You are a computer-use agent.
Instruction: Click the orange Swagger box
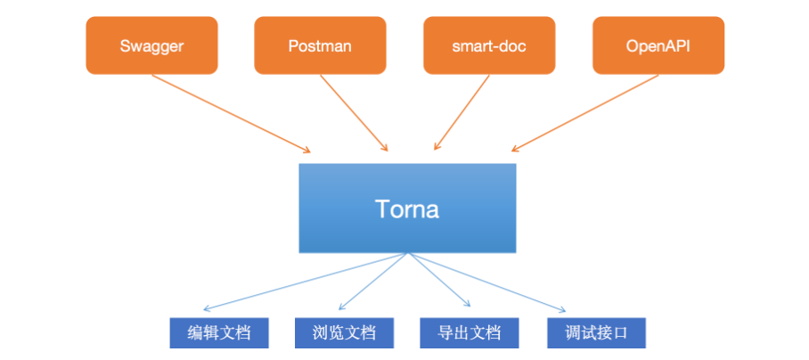[x=151, y=45]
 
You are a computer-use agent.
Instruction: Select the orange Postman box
[x=320, y=45]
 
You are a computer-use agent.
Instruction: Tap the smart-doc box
[x=489, y=45]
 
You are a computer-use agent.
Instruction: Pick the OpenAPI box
[x=658, y=45]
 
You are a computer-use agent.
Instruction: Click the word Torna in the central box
[x=407, y=209]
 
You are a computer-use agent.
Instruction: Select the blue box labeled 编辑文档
[x=219, y=332]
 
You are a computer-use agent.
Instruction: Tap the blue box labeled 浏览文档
[x=344, y=332]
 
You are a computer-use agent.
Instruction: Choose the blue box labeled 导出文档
[x=469, y=332]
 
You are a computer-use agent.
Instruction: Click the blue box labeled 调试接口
[x=596, y=332]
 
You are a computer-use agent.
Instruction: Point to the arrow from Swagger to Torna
[x=231, y=113]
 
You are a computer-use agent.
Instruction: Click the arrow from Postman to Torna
[x=354, y=113]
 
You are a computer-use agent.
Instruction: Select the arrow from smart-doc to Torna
[x=462, y=112]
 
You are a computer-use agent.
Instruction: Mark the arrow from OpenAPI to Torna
[x=584, y=113]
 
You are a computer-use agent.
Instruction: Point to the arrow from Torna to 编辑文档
[x=306, y=282]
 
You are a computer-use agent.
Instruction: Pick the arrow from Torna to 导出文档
[x=439, y=280]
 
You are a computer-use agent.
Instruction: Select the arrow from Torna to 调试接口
[x=487, y=282]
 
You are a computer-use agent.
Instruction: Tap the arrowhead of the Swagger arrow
[x=306, y=150]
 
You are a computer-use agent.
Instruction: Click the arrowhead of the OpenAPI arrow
[x=516, y=149]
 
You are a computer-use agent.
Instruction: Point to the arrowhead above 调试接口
[x=561, y=309]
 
